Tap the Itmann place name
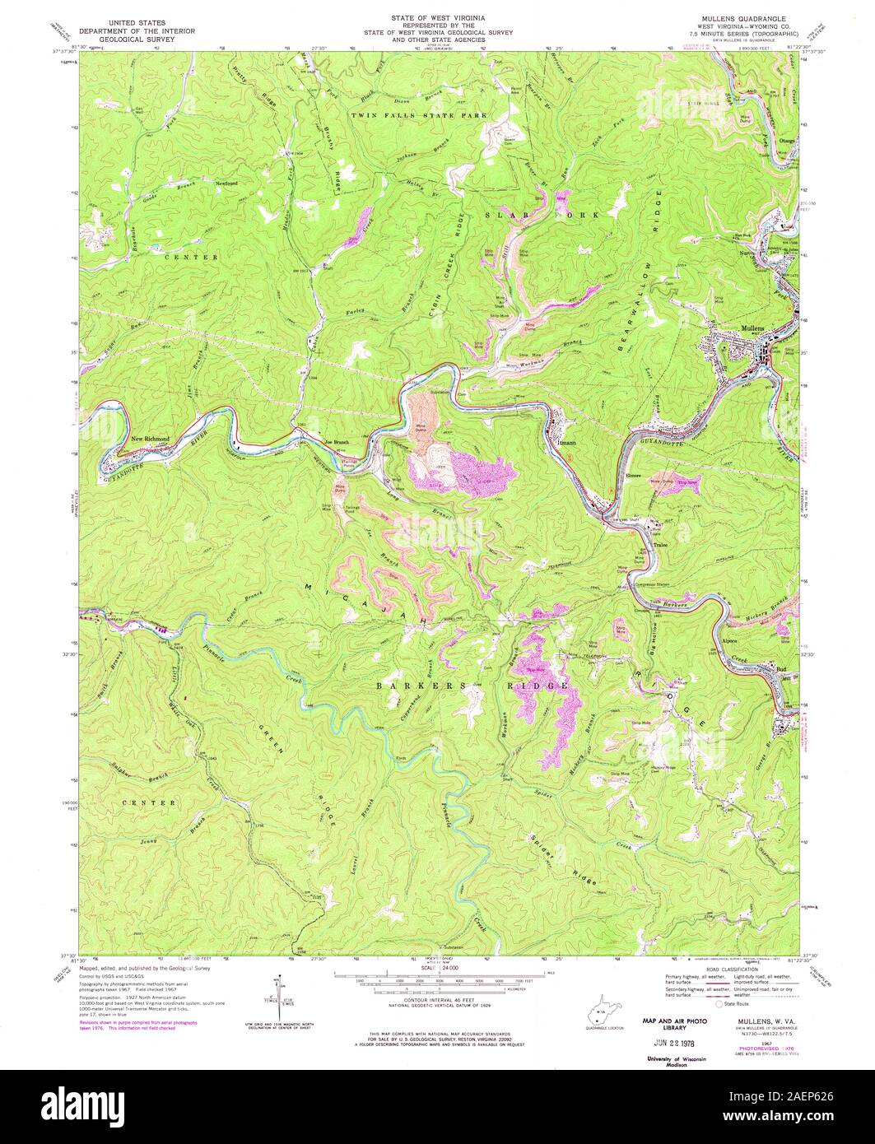(x=566, y=442)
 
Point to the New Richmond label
(x=151, y=439)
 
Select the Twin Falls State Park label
(x=419, y=116)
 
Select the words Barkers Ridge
(x=472, y=685)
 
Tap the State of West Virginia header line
(x=437, y=17)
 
